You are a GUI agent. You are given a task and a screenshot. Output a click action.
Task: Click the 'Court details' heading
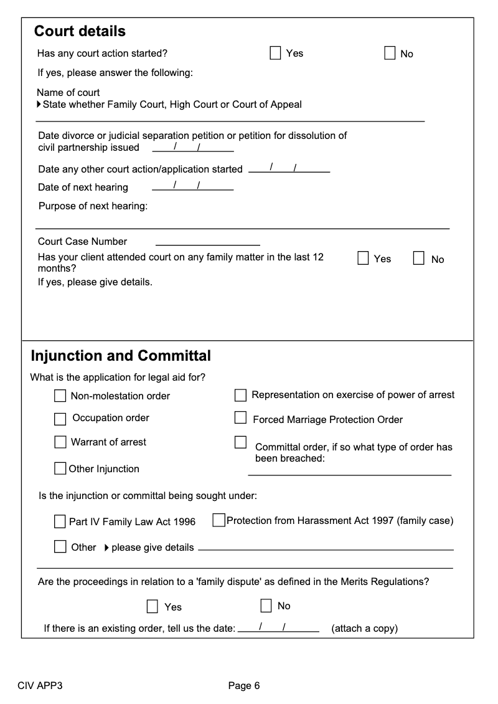pos(80,31)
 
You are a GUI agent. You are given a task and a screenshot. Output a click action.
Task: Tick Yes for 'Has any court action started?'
pos(275,53)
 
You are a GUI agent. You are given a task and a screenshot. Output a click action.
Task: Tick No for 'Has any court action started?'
pos(390,53)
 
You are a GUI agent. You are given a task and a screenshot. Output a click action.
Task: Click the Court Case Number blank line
pos(207,242)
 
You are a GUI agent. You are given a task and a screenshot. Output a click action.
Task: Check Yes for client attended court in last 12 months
pos(364,259)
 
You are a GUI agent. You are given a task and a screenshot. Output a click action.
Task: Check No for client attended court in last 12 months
pos(419,259)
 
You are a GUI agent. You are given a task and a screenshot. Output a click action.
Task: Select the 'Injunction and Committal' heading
pos(121,356)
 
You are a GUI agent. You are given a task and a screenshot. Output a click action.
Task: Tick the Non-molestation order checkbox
pos(60,396)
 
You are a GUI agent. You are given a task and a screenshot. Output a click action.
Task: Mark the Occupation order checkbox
pos(60,418)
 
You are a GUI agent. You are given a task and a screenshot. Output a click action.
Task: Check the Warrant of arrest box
pos(60,442)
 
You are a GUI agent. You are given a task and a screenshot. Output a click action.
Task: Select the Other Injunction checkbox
pos(60,469)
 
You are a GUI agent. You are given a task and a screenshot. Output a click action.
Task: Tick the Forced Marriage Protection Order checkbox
pos(240,417)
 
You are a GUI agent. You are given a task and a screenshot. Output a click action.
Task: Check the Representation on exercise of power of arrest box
pos(240,395)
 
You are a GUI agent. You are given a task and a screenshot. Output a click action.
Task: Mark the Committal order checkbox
pos(240,442)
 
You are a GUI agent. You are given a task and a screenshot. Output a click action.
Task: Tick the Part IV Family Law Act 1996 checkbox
pos(60,521)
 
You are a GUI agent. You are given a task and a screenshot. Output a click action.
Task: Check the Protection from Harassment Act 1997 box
pos(218,520)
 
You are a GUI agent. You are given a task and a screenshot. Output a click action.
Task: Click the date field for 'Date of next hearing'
pos(193,186)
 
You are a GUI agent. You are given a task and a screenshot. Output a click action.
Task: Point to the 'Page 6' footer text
pos(244,686)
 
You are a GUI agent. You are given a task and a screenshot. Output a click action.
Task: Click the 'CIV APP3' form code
pos(40,686)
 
